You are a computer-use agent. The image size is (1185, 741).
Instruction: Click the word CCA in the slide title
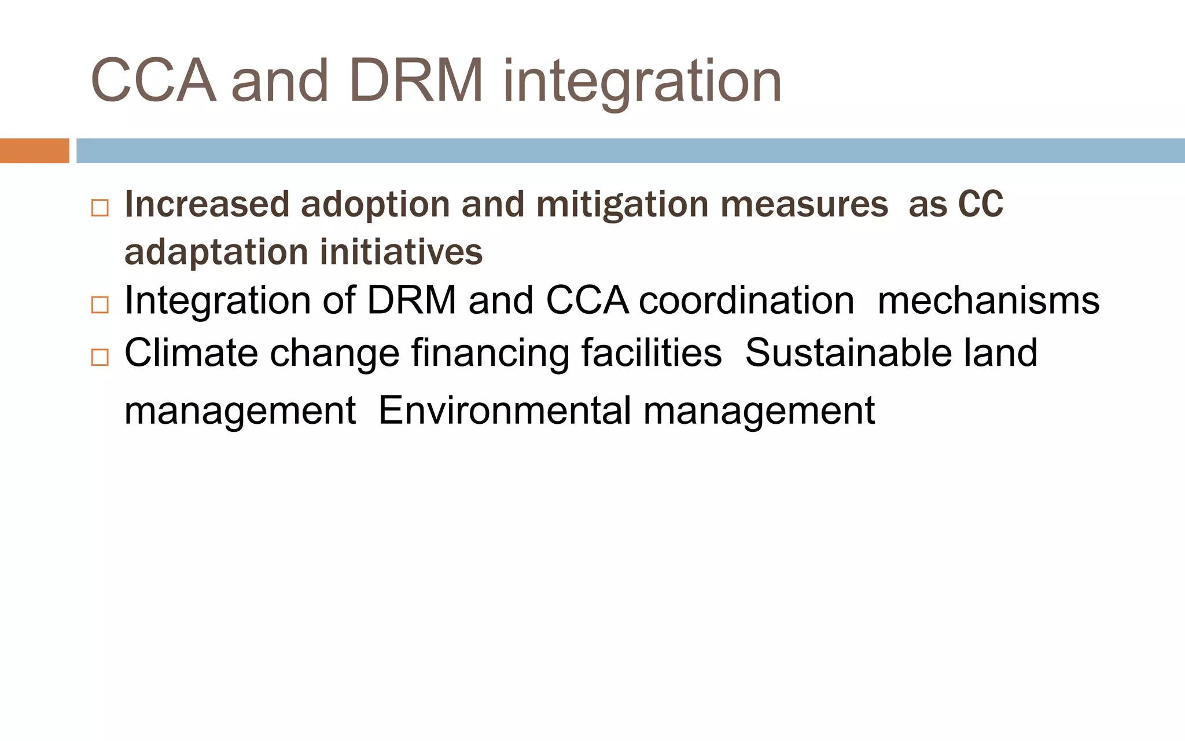point(153,81)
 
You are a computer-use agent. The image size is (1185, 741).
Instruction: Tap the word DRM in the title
point(415,81)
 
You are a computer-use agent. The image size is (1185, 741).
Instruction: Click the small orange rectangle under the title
point(34,151)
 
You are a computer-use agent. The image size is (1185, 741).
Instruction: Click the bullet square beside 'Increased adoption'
point(100,208)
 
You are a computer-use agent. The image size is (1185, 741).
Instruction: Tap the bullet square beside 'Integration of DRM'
point(100,305)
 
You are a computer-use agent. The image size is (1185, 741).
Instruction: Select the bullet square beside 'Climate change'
point(100,357)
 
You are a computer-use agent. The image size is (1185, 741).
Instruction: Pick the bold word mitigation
point(622,205)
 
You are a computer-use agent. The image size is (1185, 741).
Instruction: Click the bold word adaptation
point(216,253)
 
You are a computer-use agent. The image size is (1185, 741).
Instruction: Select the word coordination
point(746,300)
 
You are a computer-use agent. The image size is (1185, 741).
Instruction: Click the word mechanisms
point(988,300)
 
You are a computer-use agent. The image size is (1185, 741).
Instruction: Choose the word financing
point(490,353)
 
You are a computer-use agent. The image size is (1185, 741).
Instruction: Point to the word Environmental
point(505,410)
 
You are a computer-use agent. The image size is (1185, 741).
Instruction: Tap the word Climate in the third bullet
point(191,353)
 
